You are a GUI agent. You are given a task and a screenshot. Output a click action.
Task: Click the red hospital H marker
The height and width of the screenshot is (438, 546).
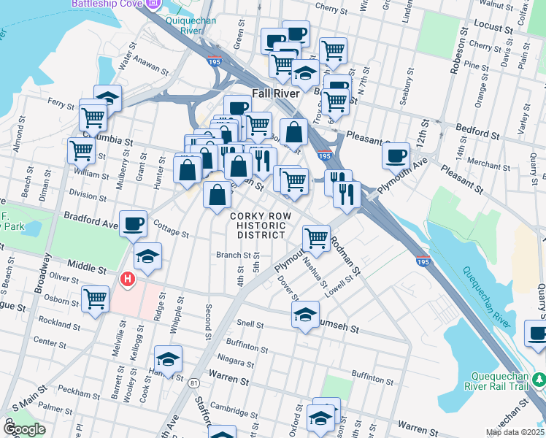pyautogui.click(x=128, y=279)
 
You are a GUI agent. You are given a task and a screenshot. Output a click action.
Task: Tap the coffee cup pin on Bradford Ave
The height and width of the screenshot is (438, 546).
pyautogui.click(x=133, y=223)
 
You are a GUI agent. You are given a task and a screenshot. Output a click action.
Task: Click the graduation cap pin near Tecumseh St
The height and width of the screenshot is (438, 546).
pyautogui.click(x=305, y=315)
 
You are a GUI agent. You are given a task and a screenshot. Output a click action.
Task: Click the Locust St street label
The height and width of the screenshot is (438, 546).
pyautogui.click(x=493, y=28)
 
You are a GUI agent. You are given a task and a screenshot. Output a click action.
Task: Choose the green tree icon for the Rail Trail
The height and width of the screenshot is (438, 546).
pyautogui.click(x=539, y=379)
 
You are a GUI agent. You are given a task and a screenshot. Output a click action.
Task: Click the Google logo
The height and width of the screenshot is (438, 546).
pyautogui.click(x=25, y=429)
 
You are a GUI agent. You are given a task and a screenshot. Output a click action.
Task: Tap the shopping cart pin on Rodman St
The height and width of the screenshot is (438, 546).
pyautogui.click(x=316, y=237)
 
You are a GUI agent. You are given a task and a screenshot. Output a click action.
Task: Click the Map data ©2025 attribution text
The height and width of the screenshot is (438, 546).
pyautogui.click(x=515, y=432)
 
